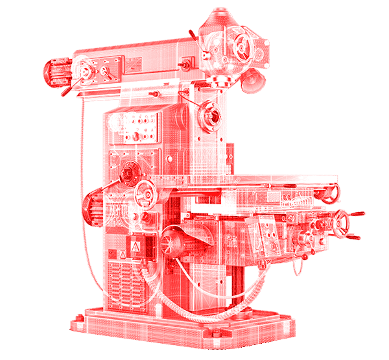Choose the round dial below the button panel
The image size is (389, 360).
129,171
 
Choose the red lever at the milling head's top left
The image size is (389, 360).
192,33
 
